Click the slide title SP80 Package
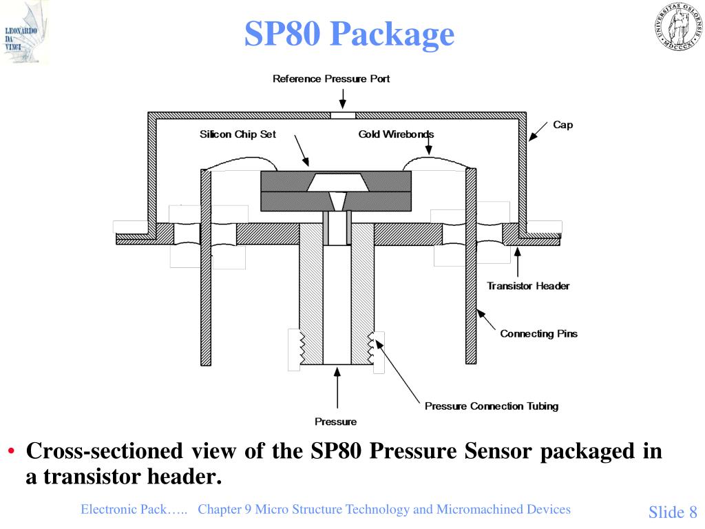[350, 34]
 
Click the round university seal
[674, 26]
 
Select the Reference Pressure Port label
[331, 79]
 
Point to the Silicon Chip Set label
[238, 134]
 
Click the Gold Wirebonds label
[396, 134]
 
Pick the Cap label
[562, 125]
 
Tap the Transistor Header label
[528, 286]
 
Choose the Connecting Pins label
[538, 333]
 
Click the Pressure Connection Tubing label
[492, 406]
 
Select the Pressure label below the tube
[336, 422]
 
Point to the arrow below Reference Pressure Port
[342, 98]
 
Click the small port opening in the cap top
[342, 115]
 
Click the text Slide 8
[673, 512]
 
